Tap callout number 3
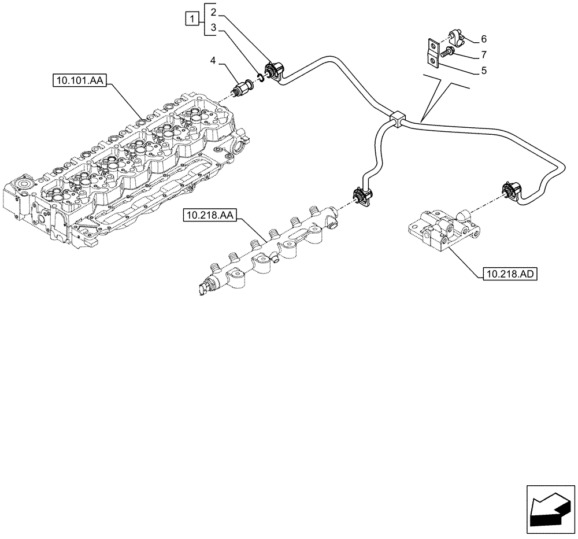click(214, 27)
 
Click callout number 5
click(483, 71)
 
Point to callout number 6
click(483, 39)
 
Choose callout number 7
click(483, 55)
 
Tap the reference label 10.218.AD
click(507, 273)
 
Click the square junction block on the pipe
click(398, 119)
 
